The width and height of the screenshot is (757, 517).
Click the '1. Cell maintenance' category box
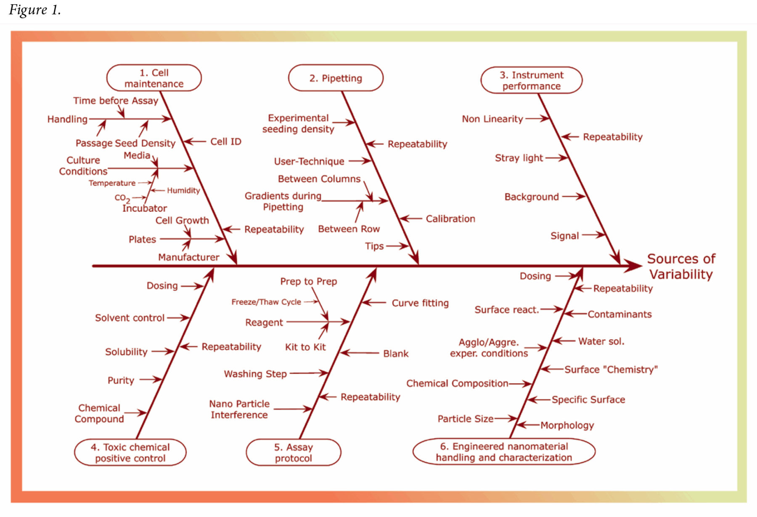(154, 78)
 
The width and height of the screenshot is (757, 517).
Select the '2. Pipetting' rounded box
(336, 78)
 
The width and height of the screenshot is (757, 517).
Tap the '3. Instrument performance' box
(532, 80)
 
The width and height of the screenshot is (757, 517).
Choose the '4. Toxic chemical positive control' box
(130, 453)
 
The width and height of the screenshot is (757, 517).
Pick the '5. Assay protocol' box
(294, 453)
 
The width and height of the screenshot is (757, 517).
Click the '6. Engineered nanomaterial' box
(504, 452)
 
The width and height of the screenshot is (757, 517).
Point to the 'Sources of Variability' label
(681, 266)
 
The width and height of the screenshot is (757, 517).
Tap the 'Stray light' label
(519, 158)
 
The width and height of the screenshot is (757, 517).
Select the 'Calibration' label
(450, 219)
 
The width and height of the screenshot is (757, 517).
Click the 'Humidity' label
(183, 190)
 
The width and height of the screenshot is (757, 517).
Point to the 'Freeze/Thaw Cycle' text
(266, 302)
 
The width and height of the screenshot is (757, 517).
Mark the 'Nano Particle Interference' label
(239, 409)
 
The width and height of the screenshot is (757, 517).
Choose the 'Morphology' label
(567, 425)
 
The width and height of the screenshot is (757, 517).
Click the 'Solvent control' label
(130, 318)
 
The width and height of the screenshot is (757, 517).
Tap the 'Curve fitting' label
(420, 303)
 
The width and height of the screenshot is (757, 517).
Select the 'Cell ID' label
(226, 141)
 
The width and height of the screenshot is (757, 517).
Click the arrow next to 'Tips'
(397, 246)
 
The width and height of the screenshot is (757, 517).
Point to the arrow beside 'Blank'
(360, 353)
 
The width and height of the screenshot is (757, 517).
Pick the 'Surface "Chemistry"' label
(611, 370)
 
